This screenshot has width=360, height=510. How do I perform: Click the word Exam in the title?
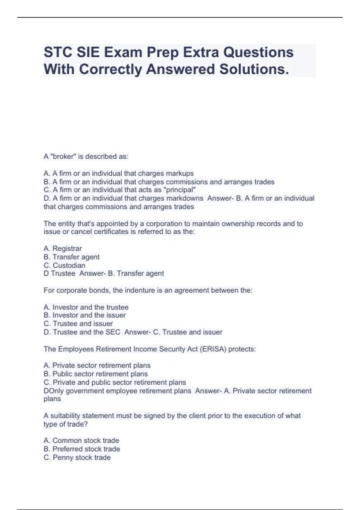pyautogui.click(x=123, y=53)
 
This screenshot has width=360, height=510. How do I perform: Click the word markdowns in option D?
pyautogui.click(x=184, y=198)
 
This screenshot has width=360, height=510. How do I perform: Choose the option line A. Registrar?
pyautogui.click(x=63, y=248)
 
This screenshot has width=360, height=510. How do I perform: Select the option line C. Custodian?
pyautogui.click(x=64, y=265)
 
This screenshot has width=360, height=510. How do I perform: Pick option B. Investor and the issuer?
pyautogui.click(x=85, y=315)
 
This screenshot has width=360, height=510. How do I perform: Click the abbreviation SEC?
pyautogui.click(x=113, y=332)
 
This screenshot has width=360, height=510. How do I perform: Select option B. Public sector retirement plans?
pyautogui.click(x=96, y=374)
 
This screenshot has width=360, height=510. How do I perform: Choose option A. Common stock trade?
pyautogui.click(x=81, y=440)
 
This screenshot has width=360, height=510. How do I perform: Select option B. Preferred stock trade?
pyautogui.click(x=82, y=449)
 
